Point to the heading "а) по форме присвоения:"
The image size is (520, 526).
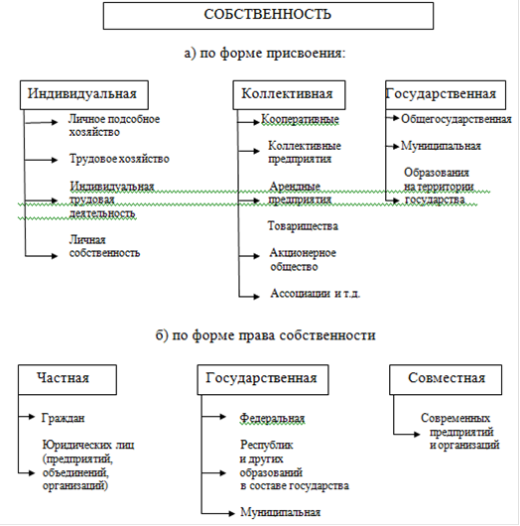pyautogui.click(x=265, y=53)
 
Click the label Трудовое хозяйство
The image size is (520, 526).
pyautogui.click(x=119, y=159)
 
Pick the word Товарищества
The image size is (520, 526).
pyautogui.click(x=303, y=225)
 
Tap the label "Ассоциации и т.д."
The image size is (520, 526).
pyautogui.click(x=315, y=294)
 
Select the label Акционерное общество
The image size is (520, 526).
pyautogui.click(x=303, y=260)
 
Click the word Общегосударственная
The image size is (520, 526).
pyautogui.click(x=456, y=119)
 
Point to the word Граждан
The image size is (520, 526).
pyautogui.click(x=63, y=418)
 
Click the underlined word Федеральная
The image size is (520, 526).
pyautogui.click(x=272, y=418)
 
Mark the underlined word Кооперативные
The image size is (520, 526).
pyautogui.click(x=300, y=119)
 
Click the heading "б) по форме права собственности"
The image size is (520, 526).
pyautogui.click(x=265, y=335)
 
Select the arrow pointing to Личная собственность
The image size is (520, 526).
pyautogui.click(x=42, y=256)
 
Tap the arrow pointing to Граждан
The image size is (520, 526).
pyautogui.click(x=27, y=417)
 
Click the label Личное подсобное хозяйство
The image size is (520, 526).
pyautogui.click(x=114, y=125)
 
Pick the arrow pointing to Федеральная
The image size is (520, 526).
pyautogui.click(x=213, y=417)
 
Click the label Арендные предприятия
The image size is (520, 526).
pyautogui.click(x=300, y=193)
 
